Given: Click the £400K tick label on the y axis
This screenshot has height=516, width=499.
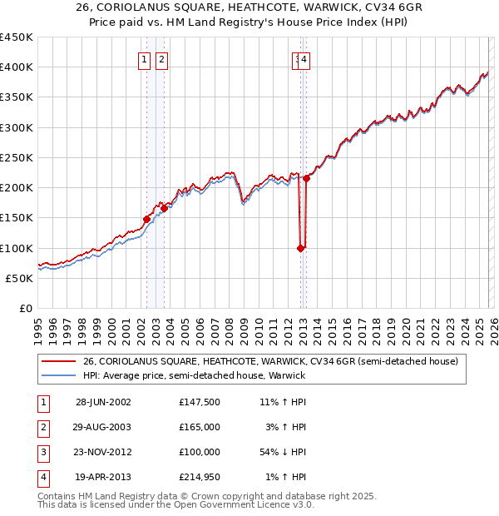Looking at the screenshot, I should pos(17,67).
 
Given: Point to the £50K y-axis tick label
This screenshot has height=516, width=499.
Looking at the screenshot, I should pos(20,278).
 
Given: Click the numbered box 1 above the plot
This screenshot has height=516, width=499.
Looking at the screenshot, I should pos(145,59).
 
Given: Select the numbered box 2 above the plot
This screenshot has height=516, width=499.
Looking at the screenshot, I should pos(161,59).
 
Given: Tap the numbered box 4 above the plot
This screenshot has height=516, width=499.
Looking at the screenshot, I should pos(305,59).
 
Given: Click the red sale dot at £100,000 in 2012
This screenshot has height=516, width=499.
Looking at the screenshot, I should pos(300,248).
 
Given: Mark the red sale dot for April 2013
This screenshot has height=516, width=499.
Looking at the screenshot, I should pos(306,178).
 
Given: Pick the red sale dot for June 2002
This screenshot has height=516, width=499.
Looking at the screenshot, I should pos(147,219).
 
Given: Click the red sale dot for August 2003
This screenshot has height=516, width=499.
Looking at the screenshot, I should pos(165,209).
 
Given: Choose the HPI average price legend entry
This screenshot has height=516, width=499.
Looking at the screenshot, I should pos(194,375).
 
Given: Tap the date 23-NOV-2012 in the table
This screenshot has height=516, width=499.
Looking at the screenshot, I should pos(103,452).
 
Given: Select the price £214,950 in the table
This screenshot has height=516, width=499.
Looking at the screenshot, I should pos(200,477).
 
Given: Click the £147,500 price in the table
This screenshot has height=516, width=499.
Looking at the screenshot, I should pos(200,402).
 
